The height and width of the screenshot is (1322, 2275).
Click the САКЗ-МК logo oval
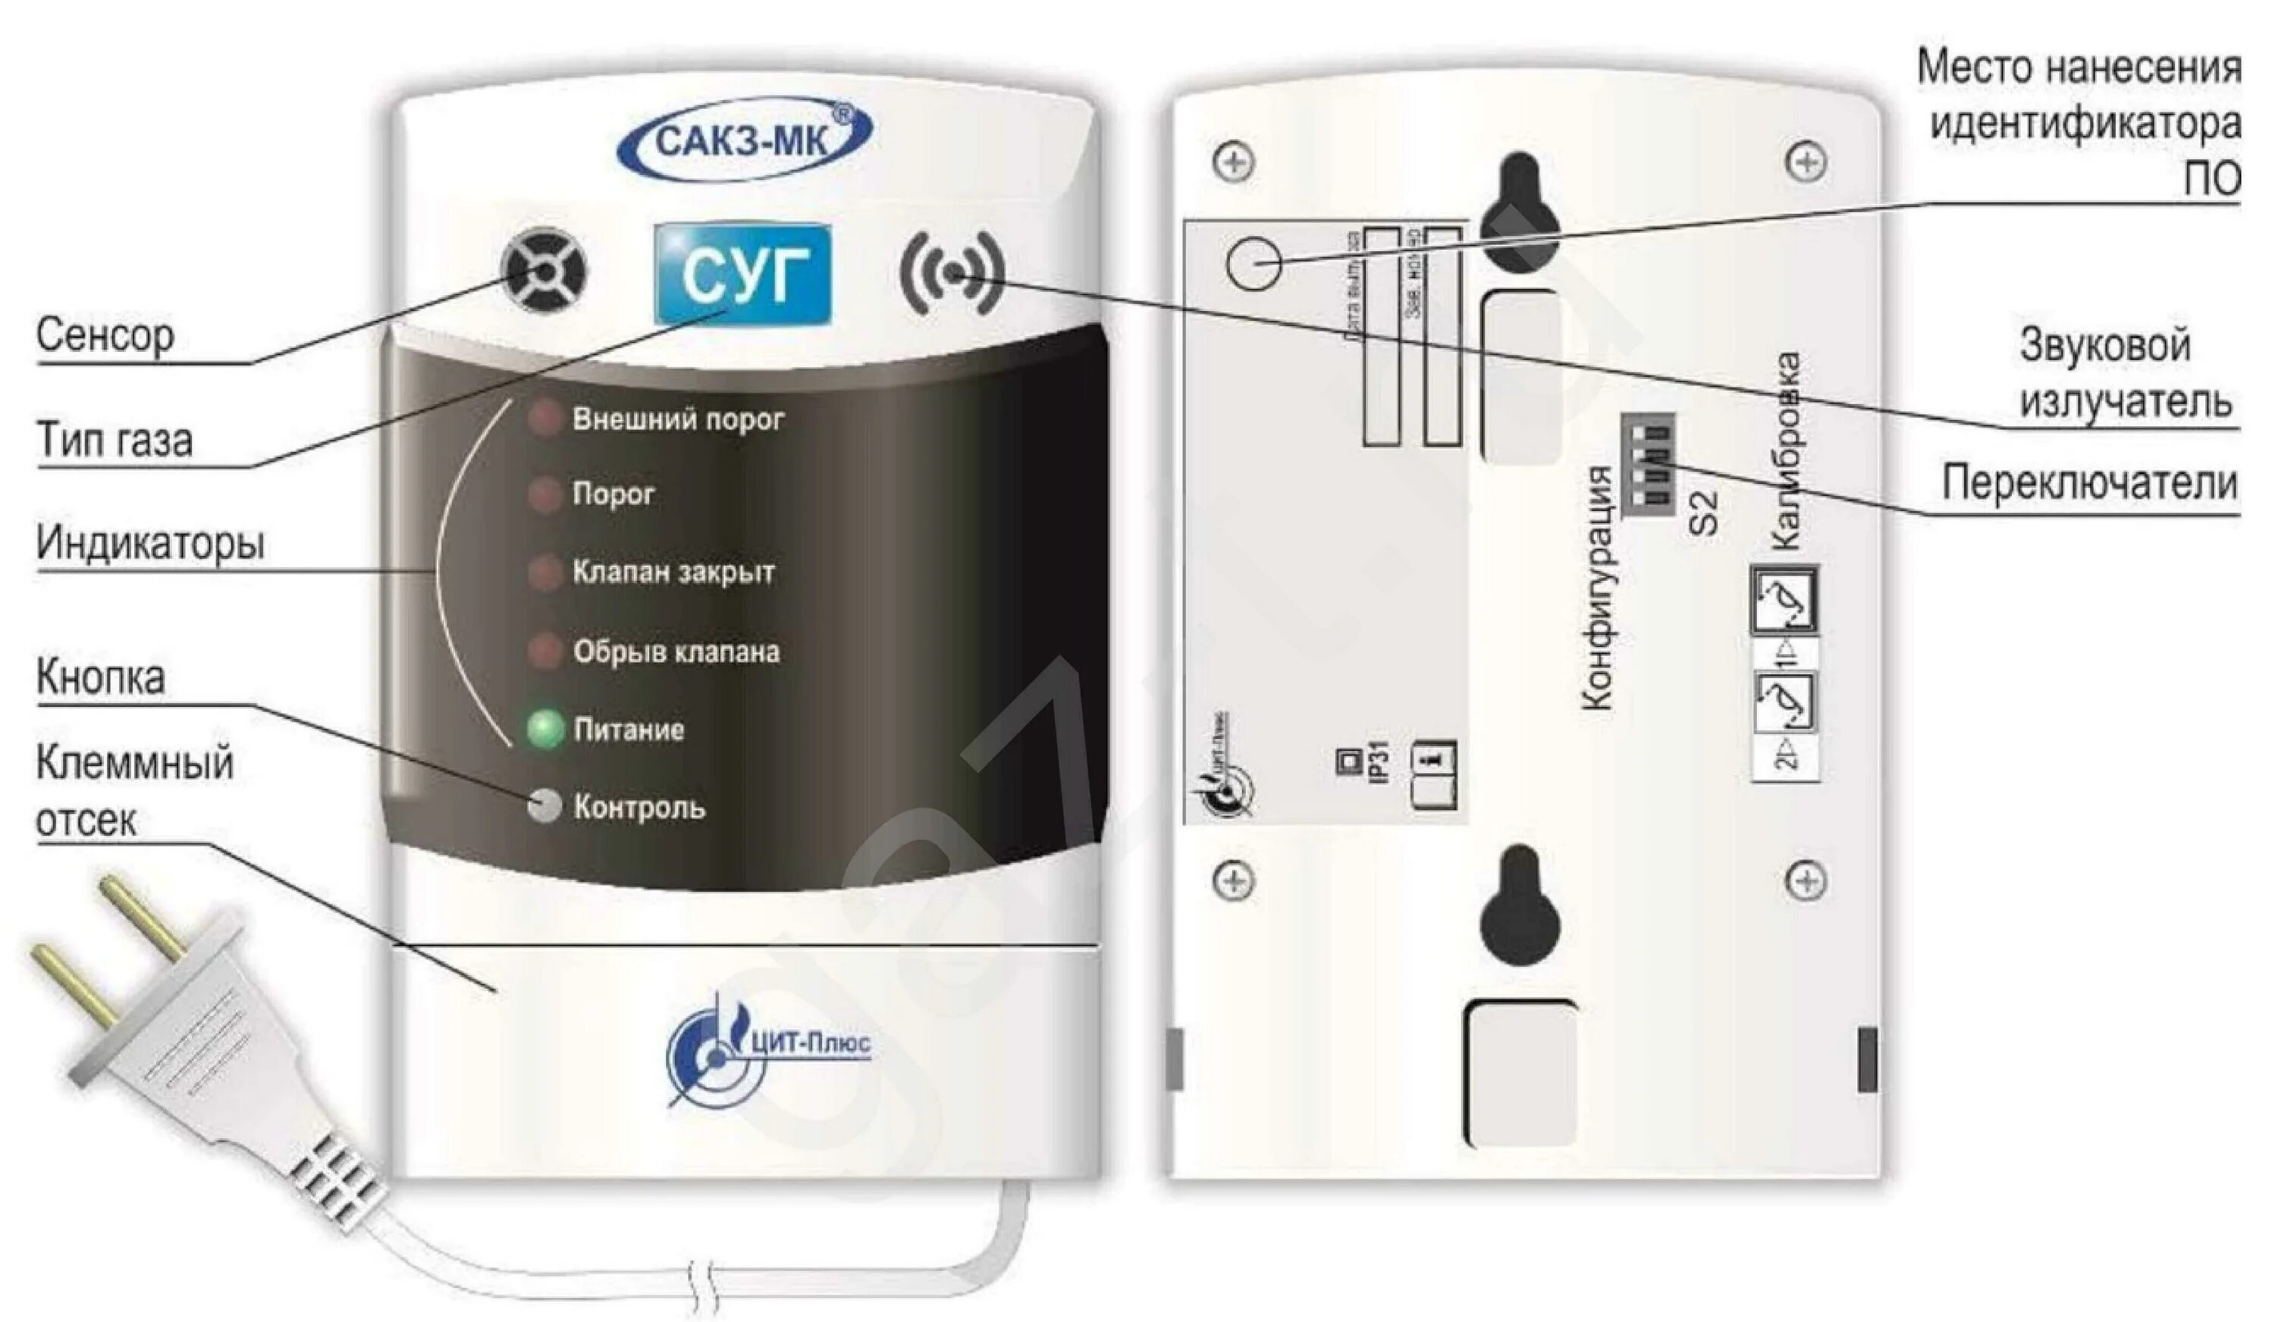pos(745,141)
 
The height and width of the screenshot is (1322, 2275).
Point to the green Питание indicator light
pos(545,729)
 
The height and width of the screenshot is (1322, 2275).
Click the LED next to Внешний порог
pos(544,419)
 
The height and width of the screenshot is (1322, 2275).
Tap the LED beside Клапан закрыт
pos(544,572)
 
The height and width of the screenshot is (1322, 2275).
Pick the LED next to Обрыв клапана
pos(544,651)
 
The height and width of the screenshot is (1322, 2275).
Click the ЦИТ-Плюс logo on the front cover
pos(767,1047)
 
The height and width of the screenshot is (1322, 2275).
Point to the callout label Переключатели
pos(2089,484)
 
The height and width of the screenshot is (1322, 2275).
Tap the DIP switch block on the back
pos(1648,463)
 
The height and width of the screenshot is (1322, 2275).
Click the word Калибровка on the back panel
pos(1786,451)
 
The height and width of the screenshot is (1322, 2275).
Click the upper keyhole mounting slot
pos(1521,212)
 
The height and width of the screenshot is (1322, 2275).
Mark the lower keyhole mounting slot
pos(1520,908)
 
